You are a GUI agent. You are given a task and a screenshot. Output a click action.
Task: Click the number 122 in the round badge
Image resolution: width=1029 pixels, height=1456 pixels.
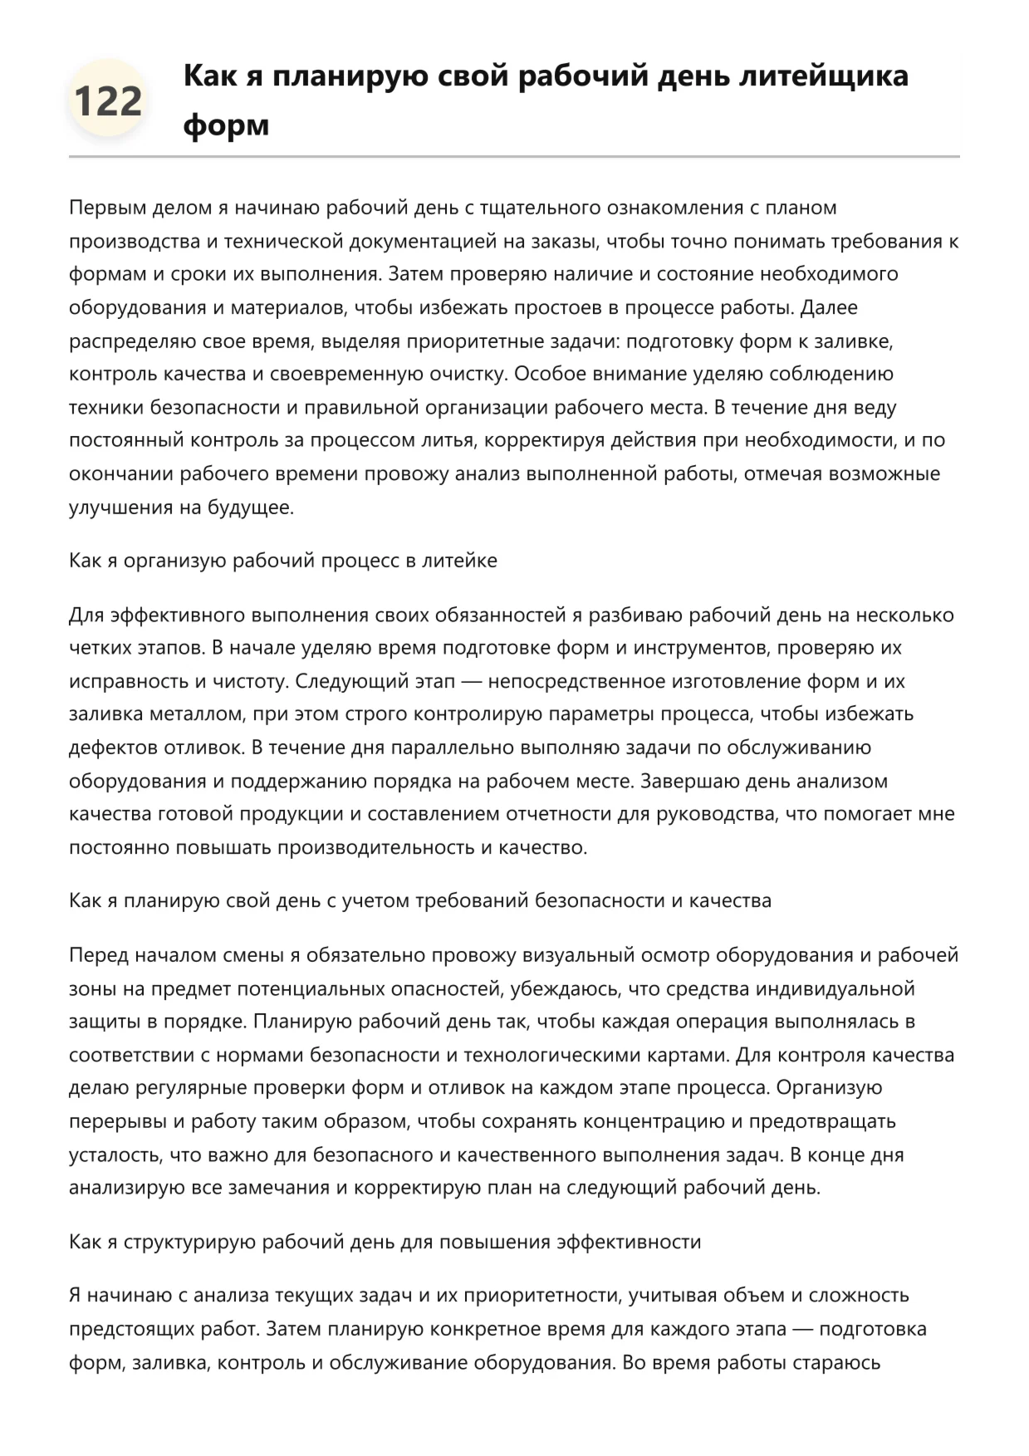coord(108,100)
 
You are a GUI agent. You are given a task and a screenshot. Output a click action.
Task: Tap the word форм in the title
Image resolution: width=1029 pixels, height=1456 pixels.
coord(226,125)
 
